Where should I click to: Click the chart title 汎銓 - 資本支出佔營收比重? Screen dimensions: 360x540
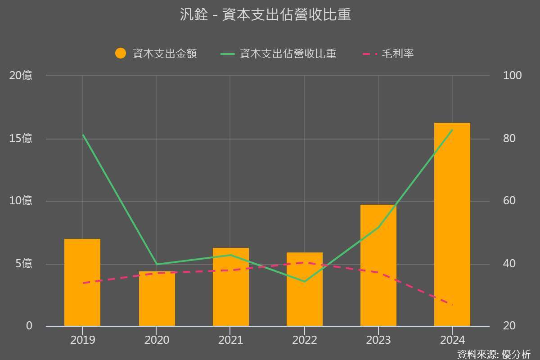265,15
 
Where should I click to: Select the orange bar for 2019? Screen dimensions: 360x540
82,282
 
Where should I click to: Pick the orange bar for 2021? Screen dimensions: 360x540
230,287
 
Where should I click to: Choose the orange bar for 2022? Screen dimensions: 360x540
305,289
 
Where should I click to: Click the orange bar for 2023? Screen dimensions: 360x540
378,265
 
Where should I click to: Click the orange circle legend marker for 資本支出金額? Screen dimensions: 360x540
121,54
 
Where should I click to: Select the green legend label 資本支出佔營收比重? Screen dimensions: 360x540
288,54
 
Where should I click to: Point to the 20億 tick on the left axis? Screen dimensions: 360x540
21,76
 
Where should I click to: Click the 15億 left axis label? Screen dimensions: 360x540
21,139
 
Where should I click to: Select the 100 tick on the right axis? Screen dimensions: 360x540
512,76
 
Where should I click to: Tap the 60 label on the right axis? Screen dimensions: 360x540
509,201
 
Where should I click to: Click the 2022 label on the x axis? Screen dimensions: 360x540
305,340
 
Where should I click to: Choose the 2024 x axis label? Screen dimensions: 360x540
452,340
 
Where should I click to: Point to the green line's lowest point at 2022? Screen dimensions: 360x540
305,282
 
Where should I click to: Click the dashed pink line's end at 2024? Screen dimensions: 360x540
452,305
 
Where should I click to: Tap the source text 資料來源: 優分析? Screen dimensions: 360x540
494,354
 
